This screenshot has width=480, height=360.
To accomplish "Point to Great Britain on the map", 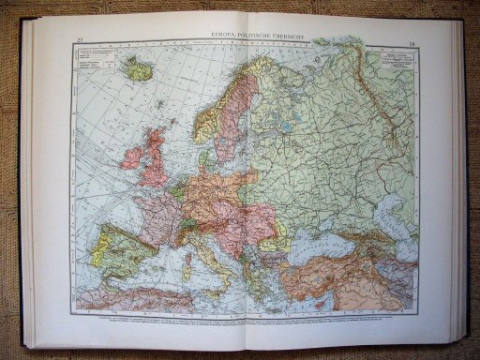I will coord(154,159).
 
